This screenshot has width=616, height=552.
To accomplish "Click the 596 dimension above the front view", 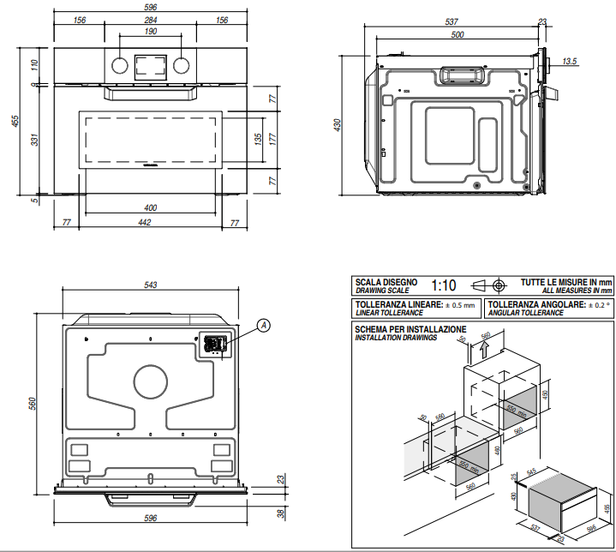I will [x=151, y=9].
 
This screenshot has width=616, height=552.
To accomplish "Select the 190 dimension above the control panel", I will [x=151, y=32].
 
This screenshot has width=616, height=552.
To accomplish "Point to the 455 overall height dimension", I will [x=15, y=122].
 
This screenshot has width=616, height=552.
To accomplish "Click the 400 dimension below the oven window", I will [x=151, y=208].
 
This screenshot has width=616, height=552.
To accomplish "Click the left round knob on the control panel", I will [x=120, y=64].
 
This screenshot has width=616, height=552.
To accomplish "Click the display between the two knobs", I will [x=151, y=64].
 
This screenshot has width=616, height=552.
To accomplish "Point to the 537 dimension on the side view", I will [x=455, y=21].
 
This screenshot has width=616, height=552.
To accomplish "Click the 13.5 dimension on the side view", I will [x=571, y=62].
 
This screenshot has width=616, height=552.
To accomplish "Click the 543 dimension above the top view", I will [x=152, y=285].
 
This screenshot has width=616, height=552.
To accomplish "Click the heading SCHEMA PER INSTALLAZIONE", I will [x=410, y=329].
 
